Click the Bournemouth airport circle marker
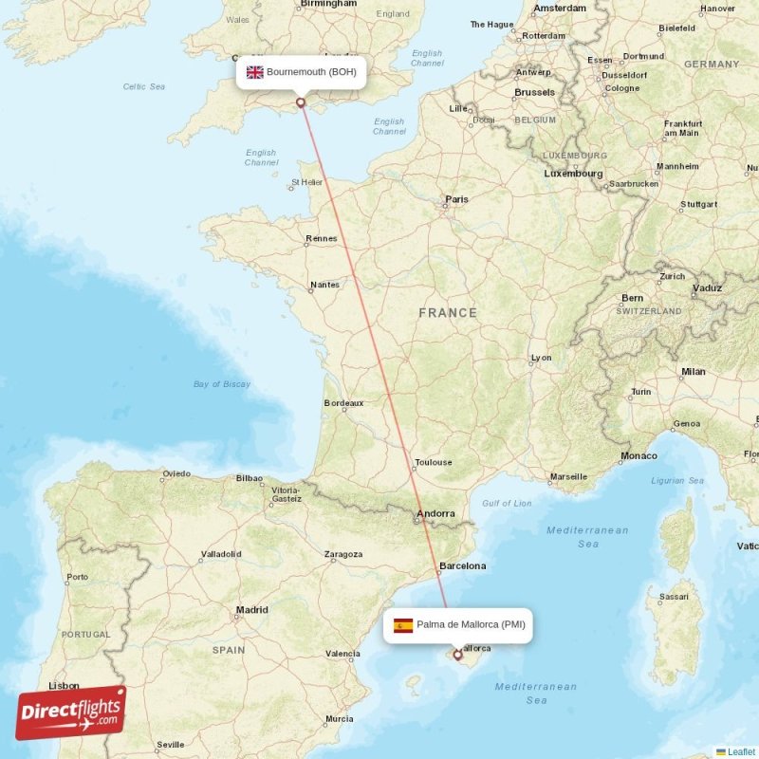tap(301, 102)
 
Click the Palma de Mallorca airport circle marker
tap(457, 654)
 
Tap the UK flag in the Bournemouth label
tap(255, 72)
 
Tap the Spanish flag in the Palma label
tap(403, 625)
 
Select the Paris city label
tap(457, 199)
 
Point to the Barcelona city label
tap(462, 565)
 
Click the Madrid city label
tap(251, 610)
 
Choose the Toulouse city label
tap(434, 462)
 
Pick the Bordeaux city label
tap(343, 402)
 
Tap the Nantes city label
tap(324, 284)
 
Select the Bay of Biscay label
tap(222, 384)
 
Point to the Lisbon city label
tap(64, 685)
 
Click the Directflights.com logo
tap(71, 713)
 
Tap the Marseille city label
tap(568, 476)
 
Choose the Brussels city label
tap(534, 92)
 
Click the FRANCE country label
tap(448, 312)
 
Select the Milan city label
tap(693, 371)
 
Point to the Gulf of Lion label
tap(507, 504)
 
